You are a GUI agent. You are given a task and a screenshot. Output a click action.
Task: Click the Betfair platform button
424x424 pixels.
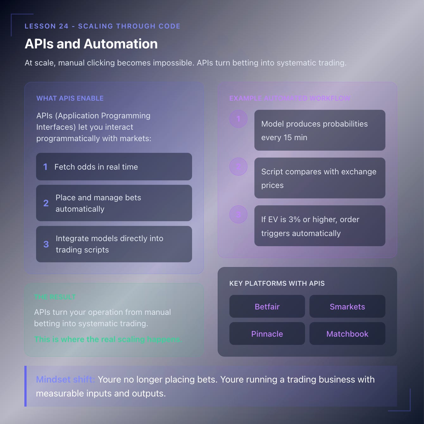click(267, 307)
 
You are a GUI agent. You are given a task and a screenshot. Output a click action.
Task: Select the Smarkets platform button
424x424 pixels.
click(347, 307)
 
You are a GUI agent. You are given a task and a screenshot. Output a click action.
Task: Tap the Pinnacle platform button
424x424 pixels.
click(267, 334)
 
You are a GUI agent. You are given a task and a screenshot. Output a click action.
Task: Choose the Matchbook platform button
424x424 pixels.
click(347, 334)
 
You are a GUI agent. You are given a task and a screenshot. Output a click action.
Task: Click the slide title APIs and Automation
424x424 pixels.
click(91, 44)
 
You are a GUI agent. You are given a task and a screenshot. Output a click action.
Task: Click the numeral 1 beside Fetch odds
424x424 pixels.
click(46, 167)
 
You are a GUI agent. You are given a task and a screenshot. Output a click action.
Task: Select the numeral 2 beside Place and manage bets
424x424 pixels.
click(46, 203)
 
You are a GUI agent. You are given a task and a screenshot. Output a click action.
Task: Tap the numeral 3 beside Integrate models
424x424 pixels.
click(46, 244)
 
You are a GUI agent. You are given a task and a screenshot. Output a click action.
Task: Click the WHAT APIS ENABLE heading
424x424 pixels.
click(70, 98)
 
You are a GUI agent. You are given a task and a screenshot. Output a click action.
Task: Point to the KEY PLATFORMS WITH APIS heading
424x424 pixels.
click(277, 284)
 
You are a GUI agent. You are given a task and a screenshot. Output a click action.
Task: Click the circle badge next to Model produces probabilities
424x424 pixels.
click(238, 119)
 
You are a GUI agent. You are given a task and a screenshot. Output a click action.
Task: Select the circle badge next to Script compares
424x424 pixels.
click(238, 167)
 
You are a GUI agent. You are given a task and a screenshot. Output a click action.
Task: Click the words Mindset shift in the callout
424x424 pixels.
click(65, 379)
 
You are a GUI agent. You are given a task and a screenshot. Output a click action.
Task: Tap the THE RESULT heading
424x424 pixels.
click(55, 297)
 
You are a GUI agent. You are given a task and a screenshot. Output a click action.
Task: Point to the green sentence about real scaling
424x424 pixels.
click(108, 340)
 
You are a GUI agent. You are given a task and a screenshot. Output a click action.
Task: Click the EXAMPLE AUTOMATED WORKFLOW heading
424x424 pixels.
click(290, 98)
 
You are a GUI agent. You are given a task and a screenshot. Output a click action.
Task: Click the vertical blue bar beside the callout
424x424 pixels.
click(26, 386)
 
